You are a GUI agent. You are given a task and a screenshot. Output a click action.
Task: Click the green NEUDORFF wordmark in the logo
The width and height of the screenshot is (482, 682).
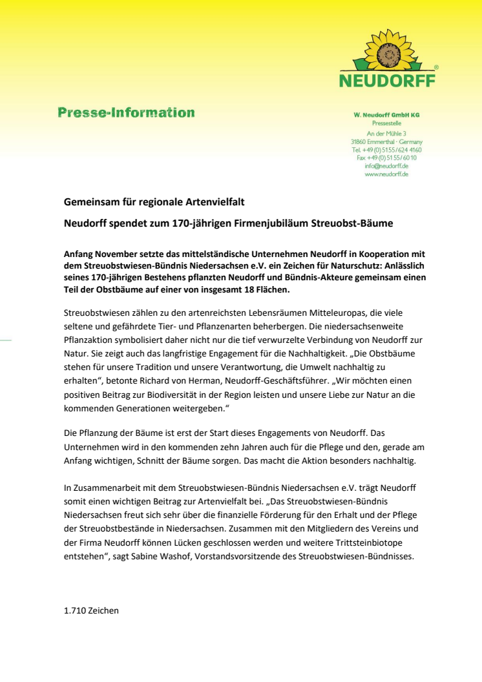click(x=388, y=81)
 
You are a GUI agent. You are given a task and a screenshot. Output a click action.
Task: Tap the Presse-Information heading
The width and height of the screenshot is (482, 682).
click(x=126, y=113)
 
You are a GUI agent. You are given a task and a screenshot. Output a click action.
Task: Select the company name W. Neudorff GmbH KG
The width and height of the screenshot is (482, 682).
click(x=386, y=115)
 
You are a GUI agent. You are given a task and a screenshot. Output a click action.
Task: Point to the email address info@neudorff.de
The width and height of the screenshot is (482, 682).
click(x=386, y=165)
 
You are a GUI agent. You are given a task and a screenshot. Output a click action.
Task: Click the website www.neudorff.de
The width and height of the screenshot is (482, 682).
click(x=386, y=174)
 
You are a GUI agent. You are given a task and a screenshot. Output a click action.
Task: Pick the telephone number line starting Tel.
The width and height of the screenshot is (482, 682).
click(x=386, y=149)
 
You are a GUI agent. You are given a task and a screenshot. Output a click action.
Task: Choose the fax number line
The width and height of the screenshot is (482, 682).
click(x=386, y=157)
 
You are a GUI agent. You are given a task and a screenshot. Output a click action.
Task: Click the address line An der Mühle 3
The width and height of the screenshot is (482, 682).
click(x=386, y=133)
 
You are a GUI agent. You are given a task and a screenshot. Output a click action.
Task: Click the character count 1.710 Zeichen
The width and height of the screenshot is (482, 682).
click(x=91, y=610)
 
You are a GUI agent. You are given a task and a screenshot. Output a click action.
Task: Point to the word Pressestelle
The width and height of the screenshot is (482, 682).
click(x=386, y=123)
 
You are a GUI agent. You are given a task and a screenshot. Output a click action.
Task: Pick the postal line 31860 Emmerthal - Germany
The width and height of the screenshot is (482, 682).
click(x=386, y=141)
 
